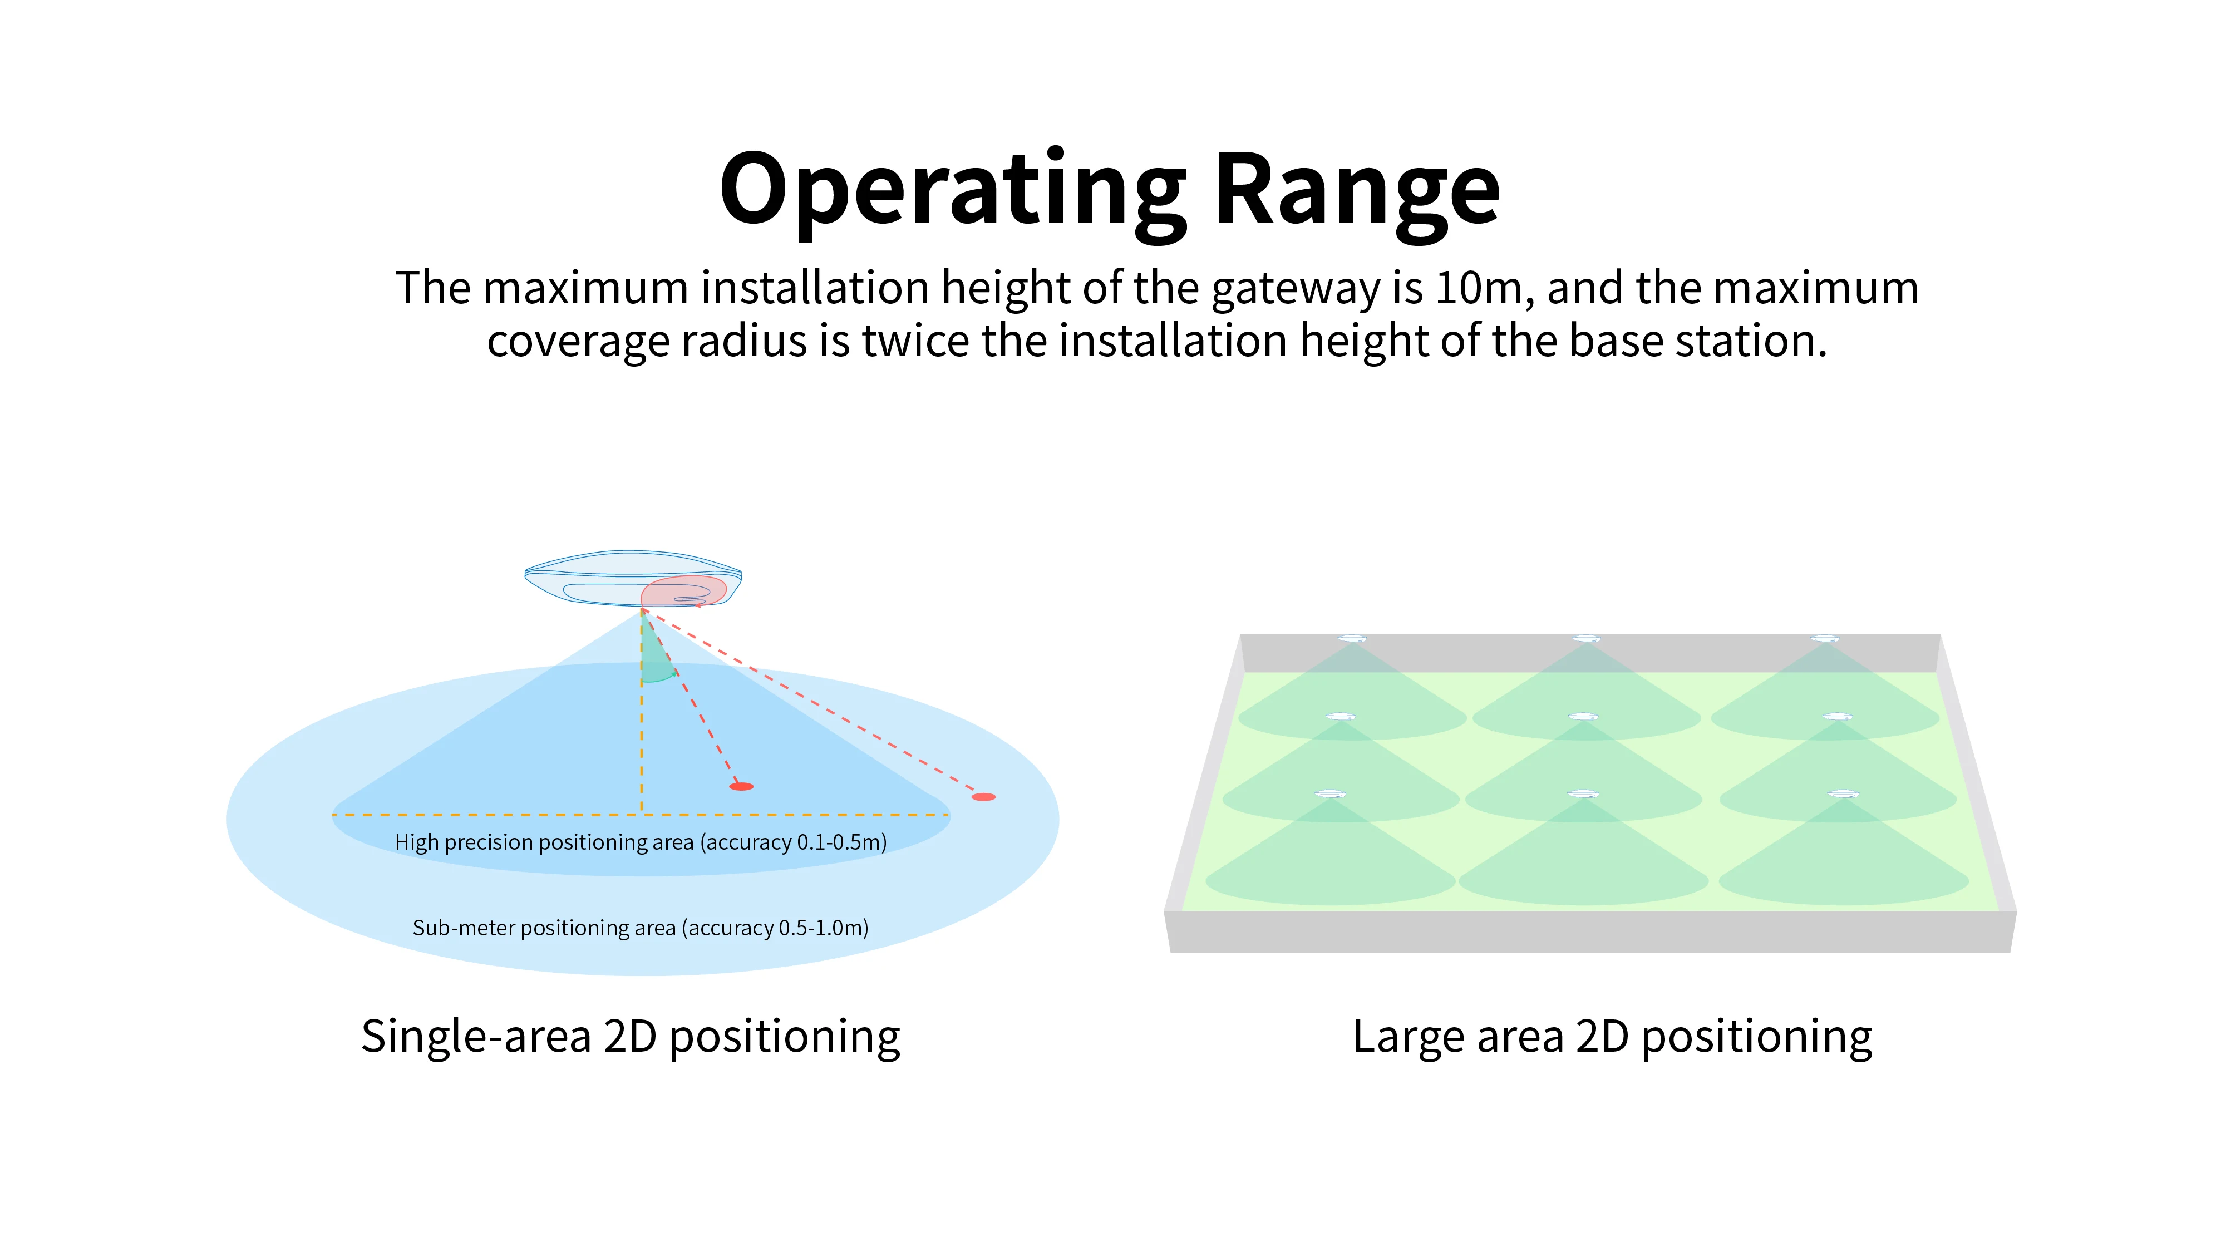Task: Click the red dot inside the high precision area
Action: click(x=741, y=786)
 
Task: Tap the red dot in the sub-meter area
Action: click(x=983, y=797)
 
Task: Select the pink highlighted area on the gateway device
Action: click(x=683, y=591)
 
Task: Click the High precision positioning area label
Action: click(x=544, y=842)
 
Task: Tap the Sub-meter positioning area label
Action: click(x=544, y=928)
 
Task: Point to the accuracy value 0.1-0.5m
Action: click(x=838, y=842)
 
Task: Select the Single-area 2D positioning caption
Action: click(x=631, y=1036)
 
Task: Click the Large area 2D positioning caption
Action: click(x=1613, y=1036)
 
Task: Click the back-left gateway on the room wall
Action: click(x=1352, y=639)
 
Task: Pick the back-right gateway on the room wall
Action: click(x=1825, y=639)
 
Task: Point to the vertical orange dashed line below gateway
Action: click(x=641, y=743)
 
